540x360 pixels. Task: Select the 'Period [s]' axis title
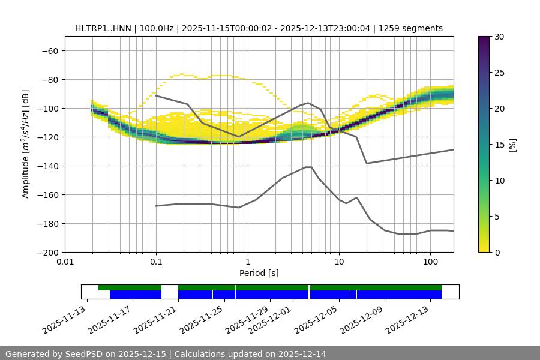pos(259,273)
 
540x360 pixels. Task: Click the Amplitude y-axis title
pos(25,144)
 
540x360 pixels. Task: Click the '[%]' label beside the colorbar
pos(512,145)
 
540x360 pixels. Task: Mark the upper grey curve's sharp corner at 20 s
pos(367,163)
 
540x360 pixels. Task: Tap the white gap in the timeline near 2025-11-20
pos(170,292)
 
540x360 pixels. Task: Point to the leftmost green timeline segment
pos(130,287)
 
